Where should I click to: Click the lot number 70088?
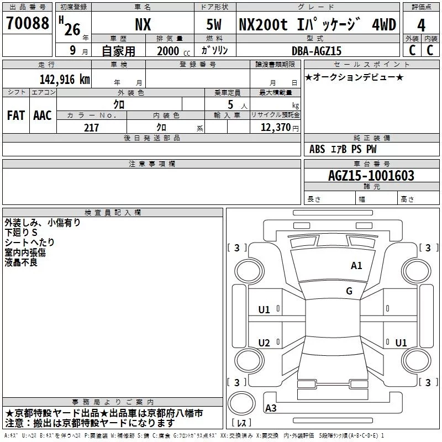point(28,23)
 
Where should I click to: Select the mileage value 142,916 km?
point(65,80)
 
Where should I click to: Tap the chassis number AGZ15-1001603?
point(371,176)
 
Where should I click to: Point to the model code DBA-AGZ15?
point(317,51)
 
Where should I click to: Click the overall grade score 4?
point(421,25)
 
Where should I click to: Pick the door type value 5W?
point(214,24)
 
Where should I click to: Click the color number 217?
point(91,128)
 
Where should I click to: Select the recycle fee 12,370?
point(275,128)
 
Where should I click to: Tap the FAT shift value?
point(16,115)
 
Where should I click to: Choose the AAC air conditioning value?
point(43,115)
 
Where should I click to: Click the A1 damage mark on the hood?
point(356,266)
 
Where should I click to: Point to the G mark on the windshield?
point(349,291)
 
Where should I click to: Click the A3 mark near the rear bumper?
point(271,408)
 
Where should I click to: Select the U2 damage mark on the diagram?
point(264,343)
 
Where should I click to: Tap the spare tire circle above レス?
point(241,403)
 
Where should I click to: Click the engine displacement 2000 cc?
point(173,51)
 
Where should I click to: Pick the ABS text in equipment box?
point(317,149)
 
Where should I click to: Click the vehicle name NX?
point(143,24)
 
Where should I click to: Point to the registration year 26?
point(72,30)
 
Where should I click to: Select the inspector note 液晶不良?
point(21,262)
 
